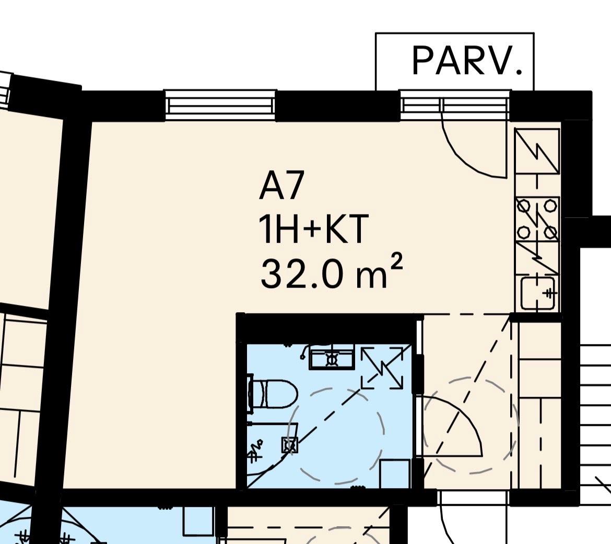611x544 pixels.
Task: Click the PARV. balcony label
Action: pyautogui.click(x=467, y=61)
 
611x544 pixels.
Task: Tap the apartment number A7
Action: pyautogui.click(x=281, y=186)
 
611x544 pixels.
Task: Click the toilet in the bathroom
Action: pyautogui.click(x=273, y=394)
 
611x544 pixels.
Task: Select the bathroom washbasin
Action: pyautogui.click(x=332, y=357)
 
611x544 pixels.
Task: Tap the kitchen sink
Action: pyautogui.click(x=538, y=293)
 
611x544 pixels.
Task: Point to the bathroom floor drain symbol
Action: pyautogui.click(x=289, y=445)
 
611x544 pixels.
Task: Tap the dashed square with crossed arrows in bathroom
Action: pyautogui.click(x=382, y=368)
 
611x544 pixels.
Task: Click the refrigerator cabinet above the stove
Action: pyautogui.click(x=537, y=151)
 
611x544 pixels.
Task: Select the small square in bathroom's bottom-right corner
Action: pyautogui.click(x=395, y=474)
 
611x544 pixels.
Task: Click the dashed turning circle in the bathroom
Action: pyautogui.click(x=335, y=436)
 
